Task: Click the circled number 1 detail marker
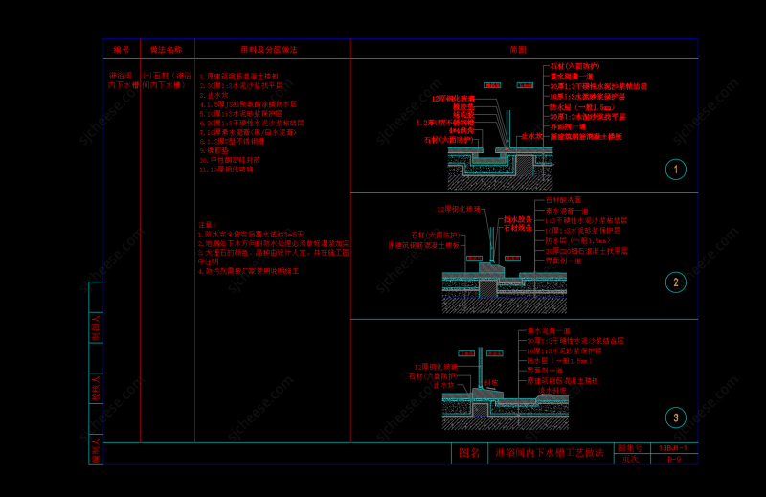pos(676,170)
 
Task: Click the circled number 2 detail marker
pos(676,282)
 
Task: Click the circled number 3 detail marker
pos(676,418)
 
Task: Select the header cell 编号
pos(122,49)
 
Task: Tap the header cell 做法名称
pos(167,49)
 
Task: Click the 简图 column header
pos(518,49)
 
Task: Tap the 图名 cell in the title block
pos(468,453)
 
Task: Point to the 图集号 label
pos(628,447)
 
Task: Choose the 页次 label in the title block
pos(628,460)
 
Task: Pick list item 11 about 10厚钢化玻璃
pos(227,169)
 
